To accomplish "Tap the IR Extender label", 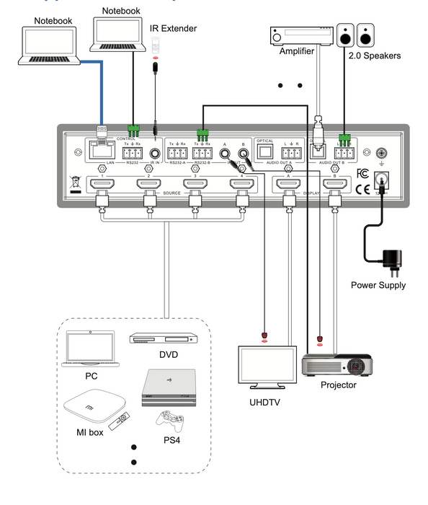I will coord(172,28).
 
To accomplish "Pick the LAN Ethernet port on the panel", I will coord(102,151).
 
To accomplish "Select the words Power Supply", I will coord(378,285).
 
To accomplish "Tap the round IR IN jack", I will coord(155,153).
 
